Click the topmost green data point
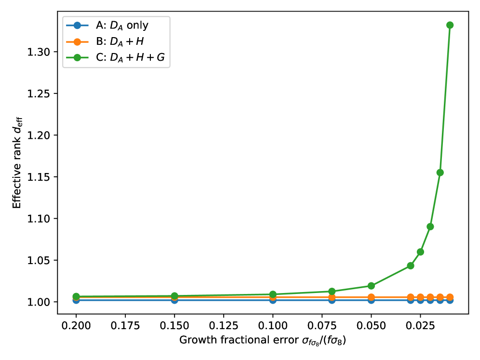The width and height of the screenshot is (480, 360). (x=450, y=25)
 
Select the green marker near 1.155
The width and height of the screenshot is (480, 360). (x=440, y=173)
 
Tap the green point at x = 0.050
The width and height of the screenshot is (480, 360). (x=371, y=286)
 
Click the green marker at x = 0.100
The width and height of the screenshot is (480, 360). (x=273, y=294)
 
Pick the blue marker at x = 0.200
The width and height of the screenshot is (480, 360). (x=76, y=300)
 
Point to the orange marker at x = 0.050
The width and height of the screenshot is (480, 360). (x=371, y=297)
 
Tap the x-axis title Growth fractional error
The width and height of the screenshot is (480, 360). (x=263, y=341)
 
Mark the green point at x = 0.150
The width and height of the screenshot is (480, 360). (x=174, y=296)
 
